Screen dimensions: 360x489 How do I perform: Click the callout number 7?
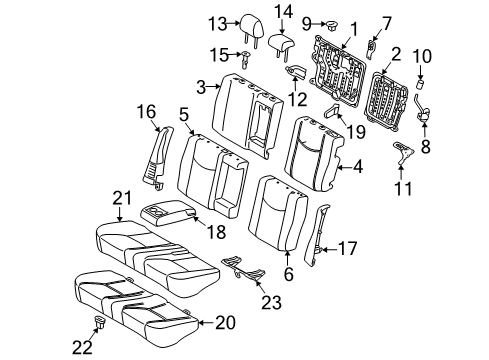pos(388,22)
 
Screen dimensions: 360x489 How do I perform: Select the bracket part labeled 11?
pos(405,150)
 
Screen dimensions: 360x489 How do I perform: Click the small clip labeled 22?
pos(100,322)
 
